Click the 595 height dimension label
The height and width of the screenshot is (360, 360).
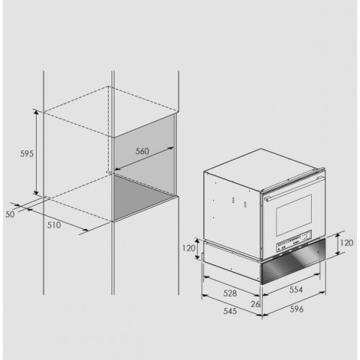27,153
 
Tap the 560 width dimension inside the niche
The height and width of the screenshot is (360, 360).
143,151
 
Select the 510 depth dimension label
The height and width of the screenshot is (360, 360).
54,225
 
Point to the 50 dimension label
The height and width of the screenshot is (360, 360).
10,215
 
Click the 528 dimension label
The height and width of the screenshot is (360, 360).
230,293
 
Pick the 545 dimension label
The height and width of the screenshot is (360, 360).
230,311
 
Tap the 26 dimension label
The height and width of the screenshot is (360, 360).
256,304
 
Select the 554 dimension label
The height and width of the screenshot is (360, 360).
296,289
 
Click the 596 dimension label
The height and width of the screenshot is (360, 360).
297,309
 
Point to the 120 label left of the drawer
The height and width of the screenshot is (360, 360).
189,248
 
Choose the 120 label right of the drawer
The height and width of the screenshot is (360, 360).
346,243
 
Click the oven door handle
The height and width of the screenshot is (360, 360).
293,188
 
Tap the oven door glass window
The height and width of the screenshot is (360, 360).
294,215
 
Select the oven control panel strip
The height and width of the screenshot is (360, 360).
294,243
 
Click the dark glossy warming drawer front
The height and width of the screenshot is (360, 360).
293,261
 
